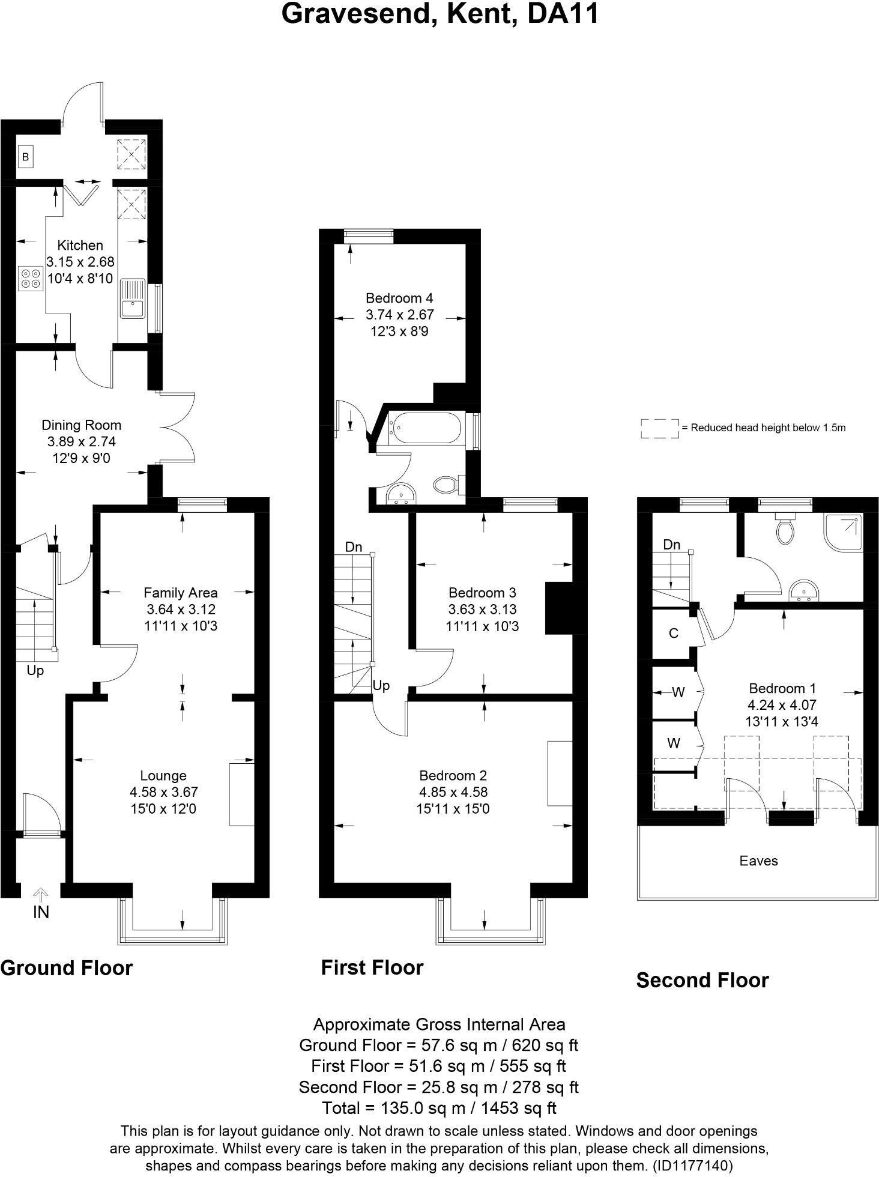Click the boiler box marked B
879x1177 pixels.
(25, 157)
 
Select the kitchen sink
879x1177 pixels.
(132, 306)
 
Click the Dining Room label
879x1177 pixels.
(81, 425)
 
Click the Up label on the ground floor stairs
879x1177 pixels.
(35, 670)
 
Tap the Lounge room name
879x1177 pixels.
(163, 775)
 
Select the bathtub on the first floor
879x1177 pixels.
(425, 428)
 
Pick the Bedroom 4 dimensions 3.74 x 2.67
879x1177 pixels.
(399, 315)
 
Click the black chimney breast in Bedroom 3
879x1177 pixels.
(558, 608)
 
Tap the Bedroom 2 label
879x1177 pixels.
(453, 775)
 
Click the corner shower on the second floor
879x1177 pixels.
(846, 531)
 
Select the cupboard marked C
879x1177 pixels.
(674, 634)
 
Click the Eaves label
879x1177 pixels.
(758, 861)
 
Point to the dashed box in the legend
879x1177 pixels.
(659, 428)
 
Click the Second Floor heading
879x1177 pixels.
(702, 981)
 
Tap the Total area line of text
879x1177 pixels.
(439, 1108)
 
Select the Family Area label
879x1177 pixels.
(180, 593)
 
